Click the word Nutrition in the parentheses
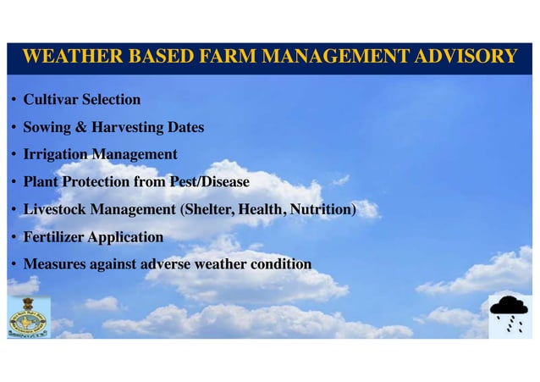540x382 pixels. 322,209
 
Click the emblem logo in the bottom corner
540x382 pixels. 29,318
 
